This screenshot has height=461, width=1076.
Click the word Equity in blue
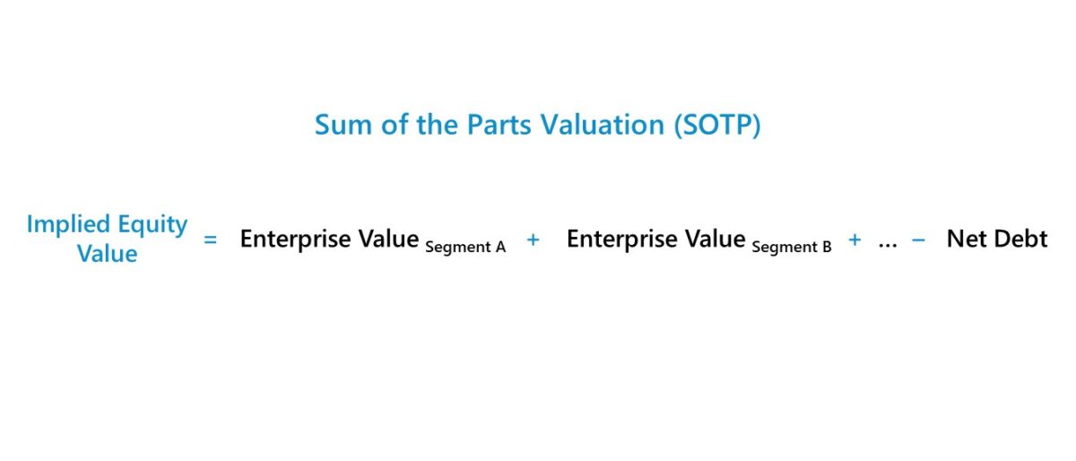152,224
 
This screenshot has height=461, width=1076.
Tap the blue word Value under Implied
107,254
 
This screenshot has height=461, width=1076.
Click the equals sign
211,240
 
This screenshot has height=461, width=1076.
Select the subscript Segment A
465,247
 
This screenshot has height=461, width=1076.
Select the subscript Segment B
792,247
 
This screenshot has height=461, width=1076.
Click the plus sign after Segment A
534,240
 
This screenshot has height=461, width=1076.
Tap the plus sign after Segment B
855,240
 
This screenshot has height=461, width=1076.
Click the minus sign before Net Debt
918,240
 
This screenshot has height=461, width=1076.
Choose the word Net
967,239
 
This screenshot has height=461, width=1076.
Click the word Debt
1020,239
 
